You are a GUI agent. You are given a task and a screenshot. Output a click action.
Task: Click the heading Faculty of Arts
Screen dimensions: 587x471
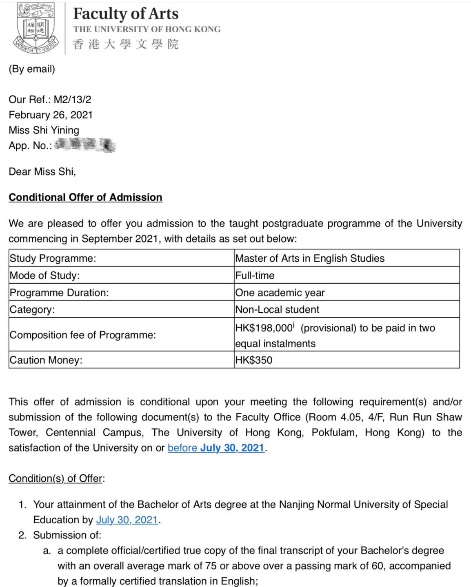coord(126,13)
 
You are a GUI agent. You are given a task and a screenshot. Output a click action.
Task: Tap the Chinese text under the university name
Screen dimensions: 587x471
coord(126,44)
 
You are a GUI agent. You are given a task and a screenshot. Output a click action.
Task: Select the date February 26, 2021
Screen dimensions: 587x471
coord(51,115)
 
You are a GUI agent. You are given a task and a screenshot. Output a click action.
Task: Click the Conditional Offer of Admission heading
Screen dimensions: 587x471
coord(85,197)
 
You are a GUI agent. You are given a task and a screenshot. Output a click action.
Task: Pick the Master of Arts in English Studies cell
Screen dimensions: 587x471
coord(310,258)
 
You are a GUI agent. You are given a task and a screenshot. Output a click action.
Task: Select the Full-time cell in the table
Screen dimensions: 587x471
coord(255,276)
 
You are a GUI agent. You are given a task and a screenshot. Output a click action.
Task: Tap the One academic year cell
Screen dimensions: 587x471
coord(280,293)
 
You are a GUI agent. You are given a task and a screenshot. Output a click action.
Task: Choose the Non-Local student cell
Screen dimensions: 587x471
coord(278,309)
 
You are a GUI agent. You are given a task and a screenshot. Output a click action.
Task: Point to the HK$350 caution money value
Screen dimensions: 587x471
coord(253,360)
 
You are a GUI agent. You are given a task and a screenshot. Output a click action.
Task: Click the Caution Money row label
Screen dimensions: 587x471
coord(46,360)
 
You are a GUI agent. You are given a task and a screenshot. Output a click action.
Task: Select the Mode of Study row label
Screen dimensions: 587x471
coord(44,276)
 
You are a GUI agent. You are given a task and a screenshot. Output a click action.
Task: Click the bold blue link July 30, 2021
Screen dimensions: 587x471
coord(232,448)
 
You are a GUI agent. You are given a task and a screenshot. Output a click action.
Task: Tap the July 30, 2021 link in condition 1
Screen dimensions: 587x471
coord(127,520)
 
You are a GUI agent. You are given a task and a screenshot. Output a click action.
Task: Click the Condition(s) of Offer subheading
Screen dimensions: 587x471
coord(56,478)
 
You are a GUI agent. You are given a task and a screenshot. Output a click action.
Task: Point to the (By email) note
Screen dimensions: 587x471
coord(32,69)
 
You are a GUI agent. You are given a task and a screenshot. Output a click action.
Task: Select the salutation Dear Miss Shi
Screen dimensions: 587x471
coord(42,171)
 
